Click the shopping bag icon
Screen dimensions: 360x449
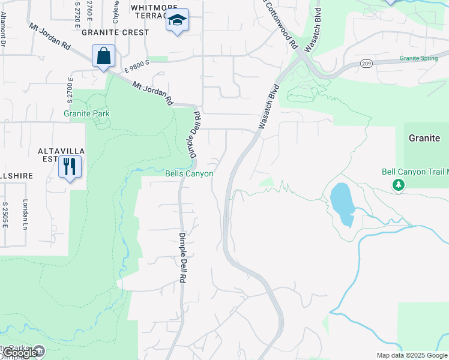[x=103, y=56]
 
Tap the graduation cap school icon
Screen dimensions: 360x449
[x=177, y=20]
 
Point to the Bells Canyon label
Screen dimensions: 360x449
[x=189, y=173]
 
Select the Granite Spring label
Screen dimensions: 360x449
[x=419, y=59]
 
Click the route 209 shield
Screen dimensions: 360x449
[x=366, y=62]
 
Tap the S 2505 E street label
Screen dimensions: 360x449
[x=5, y=214]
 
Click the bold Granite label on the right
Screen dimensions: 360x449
[x=424, y=138]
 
